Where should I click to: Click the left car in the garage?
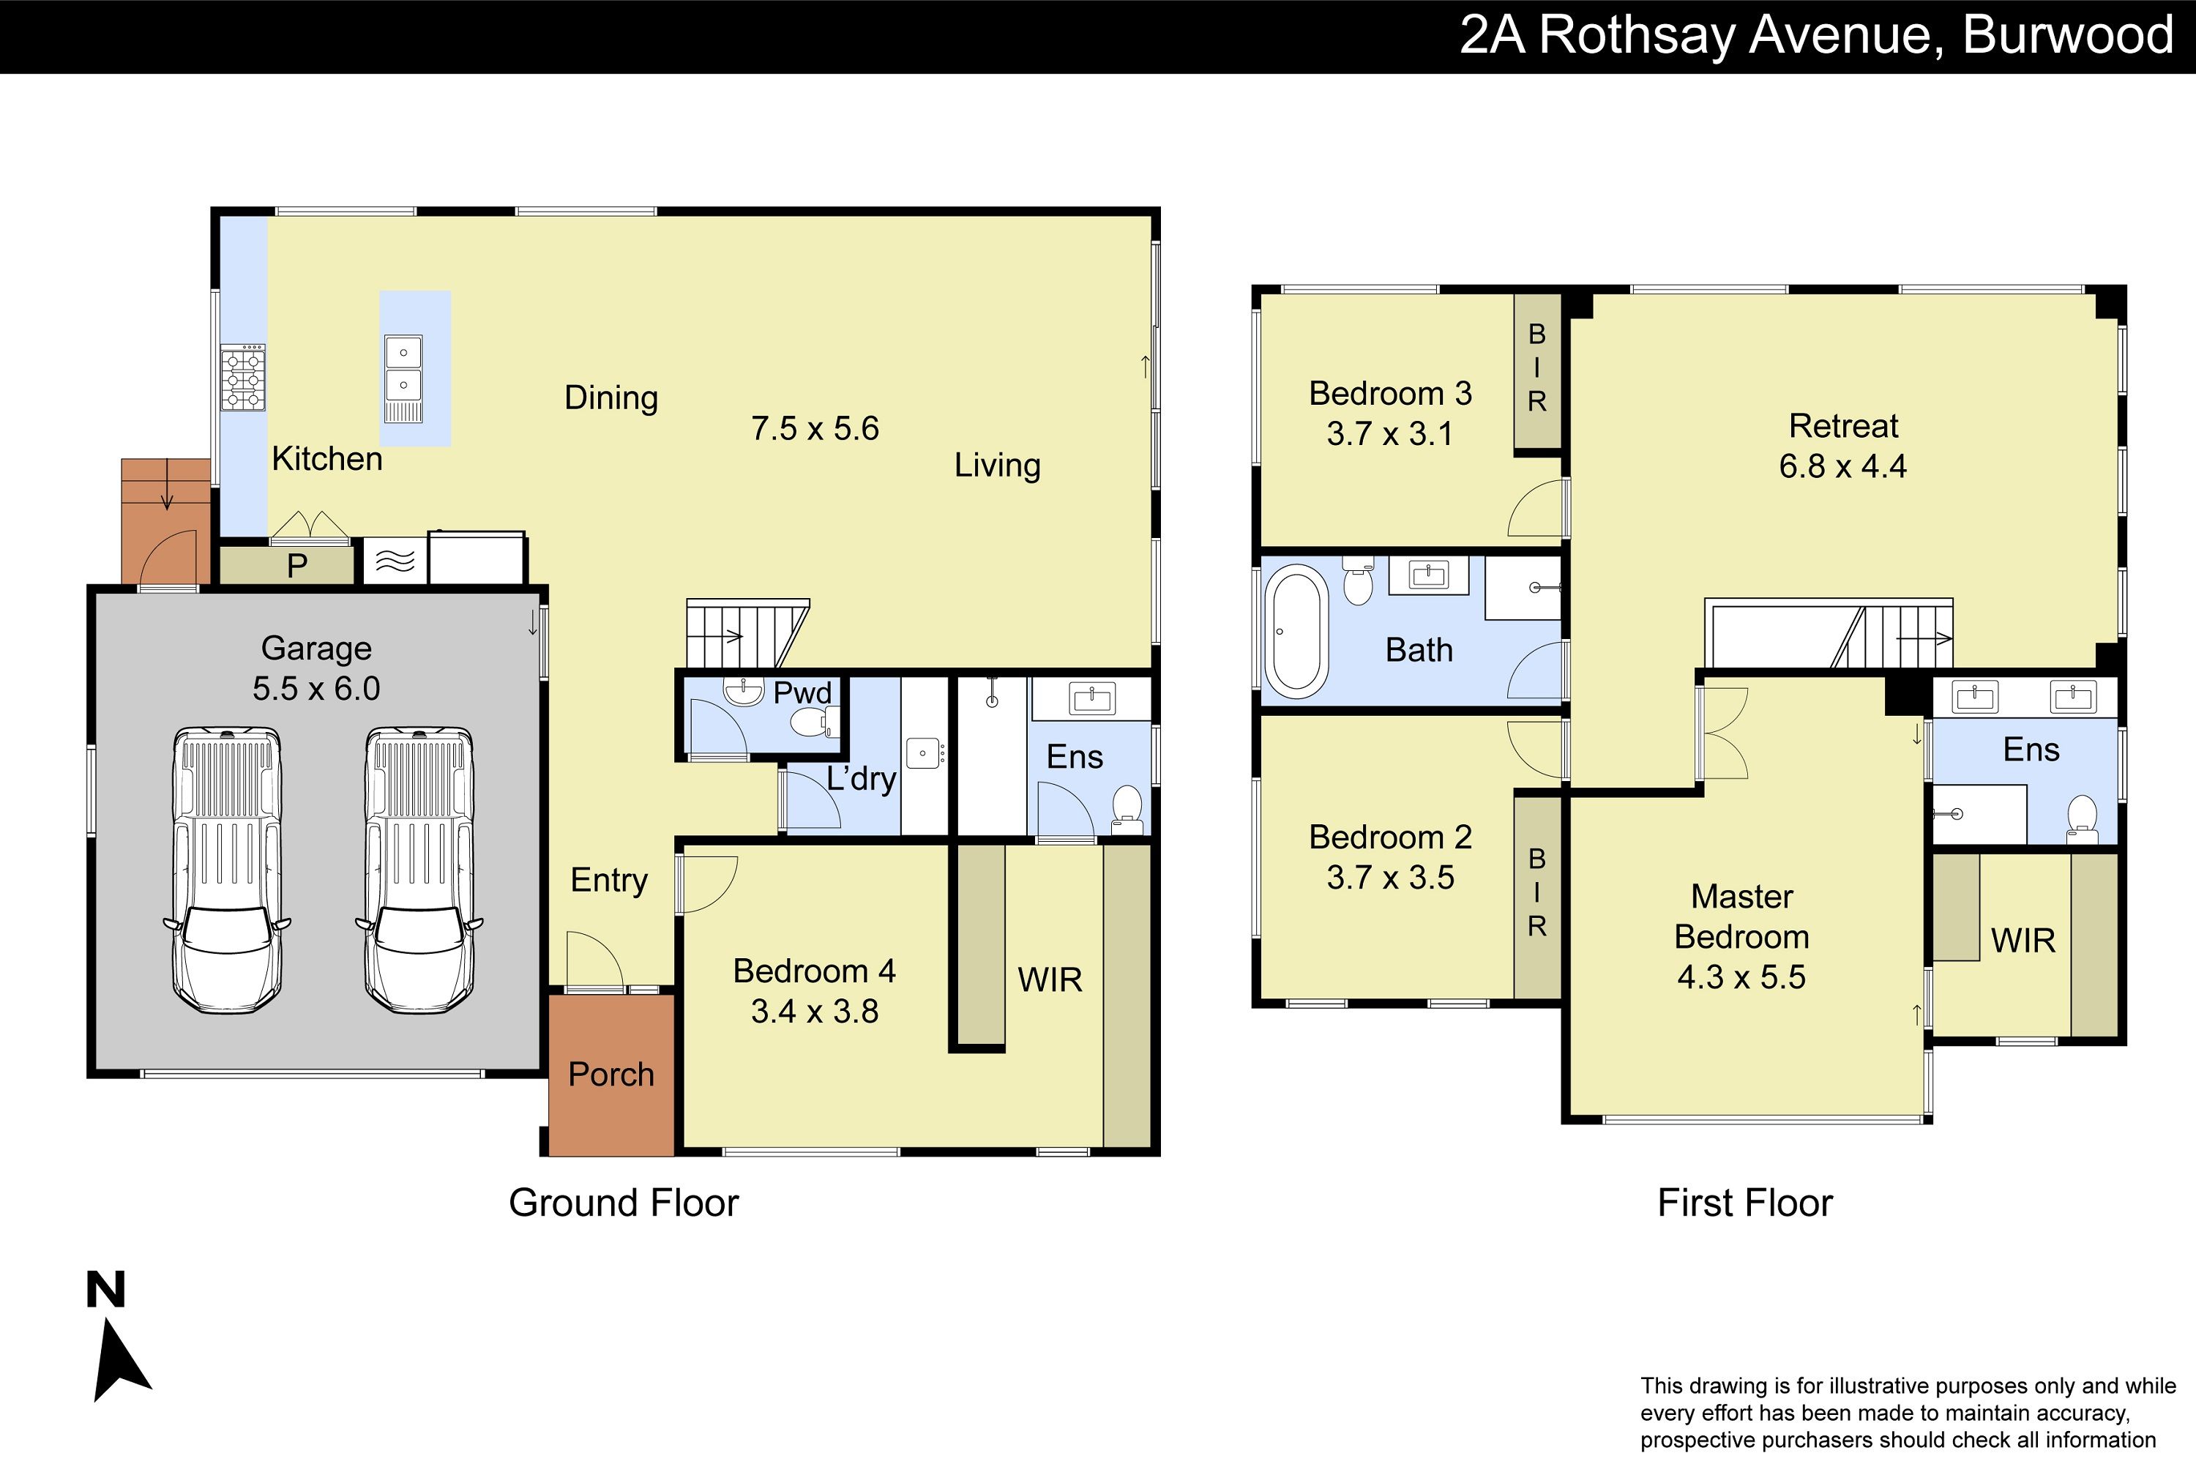[x=227, y=870]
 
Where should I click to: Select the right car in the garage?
[x=419, y=870]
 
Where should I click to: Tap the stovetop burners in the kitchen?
[x=243, y=378]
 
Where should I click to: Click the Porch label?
[x=611, y=1075]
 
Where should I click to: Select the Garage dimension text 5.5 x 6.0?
[x=316, y=689]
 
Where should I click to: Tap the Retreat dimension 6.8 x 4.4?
[x=1842, y=466]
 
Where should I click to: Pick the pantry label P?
[x=297, y=566]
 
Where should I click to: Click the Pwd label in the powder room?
[x=802, y=692]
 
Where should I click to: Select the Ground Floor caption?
[x=624, y=1203]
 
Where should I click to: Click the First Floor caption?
[x=1745, y=1203]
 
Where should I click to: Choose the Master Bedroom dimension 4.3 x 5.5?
[x=1741, y=977]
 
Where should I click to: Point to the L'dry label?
[x=861, y=779]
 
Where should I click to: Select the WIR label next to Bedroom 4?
[x=1050, y=979]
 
